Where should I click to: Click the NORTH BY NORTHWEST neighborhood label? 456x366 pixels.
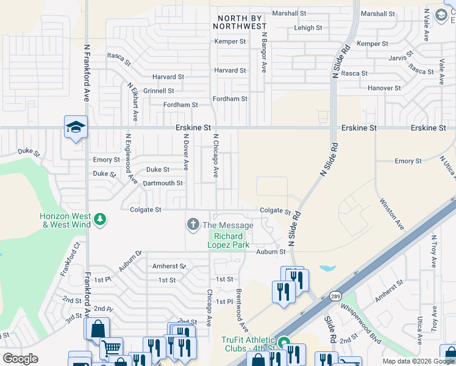click(240, 22)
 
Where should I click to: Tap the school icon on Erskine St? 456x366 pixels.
click(76, 127)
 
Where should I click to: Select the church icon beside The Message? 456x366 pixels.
click(193, 225)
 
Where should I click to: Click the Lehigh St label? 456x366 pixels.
click(307, 28)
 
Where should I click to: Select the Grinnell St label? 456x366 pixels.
click(159, 91)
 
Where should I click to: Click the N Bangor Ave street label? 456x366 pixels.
click(264, 54)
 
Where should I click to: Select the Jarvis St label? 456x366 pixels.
click(402, 59)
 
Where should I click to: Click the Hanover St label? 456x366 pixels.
click(384, 88)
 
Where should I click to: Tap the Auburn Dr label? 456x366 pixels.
click(130, 260)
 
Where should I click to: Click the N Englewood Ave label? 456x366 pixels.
click(131, 159)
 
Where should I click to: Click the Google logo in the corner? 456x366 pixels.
click(20, 359)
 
